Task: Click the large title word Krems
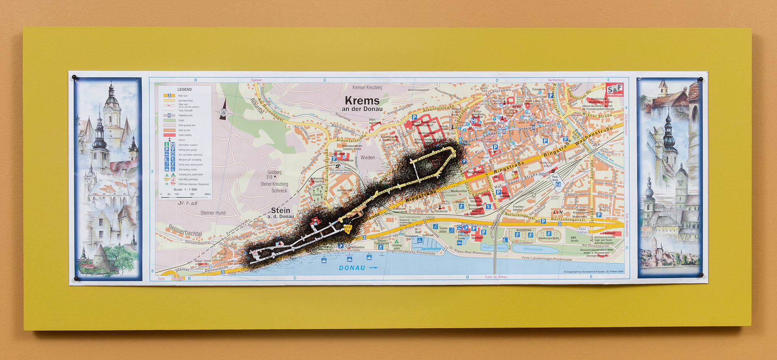click(362, 101)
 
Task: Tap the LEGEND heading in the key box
click(185, 89)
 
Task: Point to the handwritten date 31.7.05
click(188, 203)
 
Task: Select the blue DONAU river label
click(352, 268)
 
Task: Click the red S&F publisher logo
click(614, 89)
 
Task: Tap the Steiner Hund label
click(213, 213)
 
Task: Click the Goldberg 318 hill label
click(274, 175)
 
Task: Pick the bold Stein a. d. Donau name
click(280, 213)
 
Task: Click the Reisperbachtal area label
click(185, 231)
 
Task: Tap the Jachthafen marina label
click(431, 249)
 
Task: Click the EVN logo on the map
click(558, 212)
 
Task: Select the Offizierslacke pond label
click(533, 249)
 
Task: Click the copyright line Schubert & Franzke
click(594, 272)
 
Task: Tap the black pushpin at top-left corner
click(74, 77)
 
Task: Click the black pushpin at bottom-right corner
click(701, 275)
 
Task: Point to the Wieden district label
click(367, 158)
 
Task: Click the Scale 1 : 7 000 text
click(185, 189)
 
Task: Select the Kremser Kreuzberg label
click(367, 87)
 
